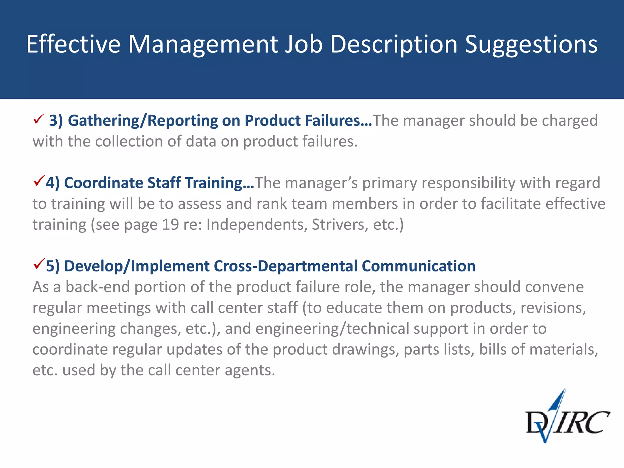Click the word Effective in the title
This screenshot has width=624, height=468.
click(x=73, y=44)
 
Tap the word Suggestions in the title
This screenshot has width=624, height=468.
click(x=531, y=44)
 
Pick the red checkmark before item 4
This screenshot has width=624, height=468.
click(x=39, y=181)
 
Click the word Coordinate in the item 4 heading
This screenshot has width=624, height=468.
click(x=103, y=183)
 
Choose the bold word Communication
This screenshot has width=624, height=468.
click(x=418, y=266)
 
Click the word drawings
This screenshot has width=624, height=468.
click(x=365, y=349)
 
